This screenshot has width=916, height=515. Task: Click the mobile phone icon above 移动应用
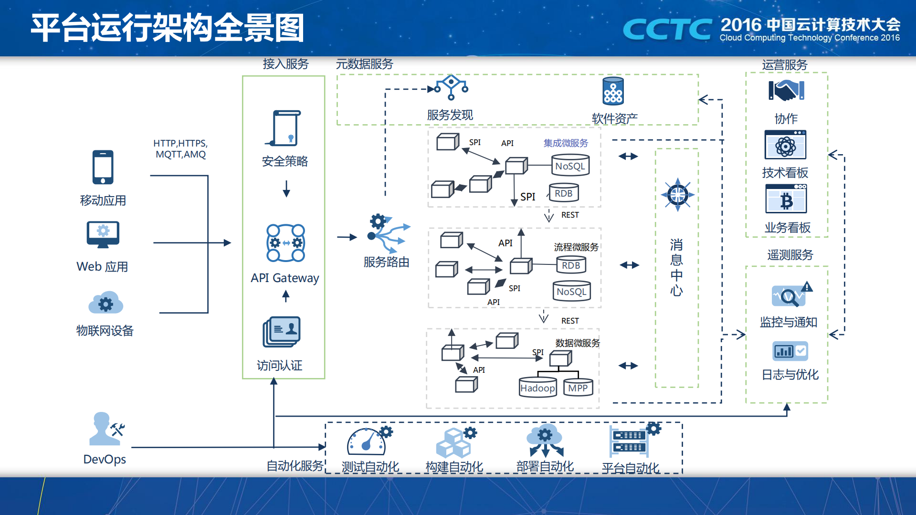(103, 167)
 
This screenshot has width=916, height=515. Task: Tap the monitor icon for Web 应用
(103, 234)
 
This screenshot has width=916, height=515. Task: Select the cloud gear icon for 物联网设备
(105, 303)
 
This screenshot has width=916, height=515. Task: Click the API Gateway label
(284, 278)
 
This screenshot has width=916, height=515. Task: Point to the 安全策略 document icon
(285, 128)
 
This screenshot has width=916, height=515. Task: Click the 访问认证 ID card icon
(282, 331)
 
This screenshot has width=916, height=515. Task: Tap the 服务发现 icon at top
(451, 87)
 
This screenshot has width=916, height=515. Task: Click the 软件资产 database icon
(613, 91)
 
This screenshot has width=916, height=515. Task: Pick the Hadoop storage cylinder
(537, 387)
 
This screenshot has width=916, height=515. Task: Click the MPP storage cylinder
(578, 387)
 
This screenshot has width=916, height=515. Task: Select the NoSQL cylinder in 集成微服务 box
(570, 166)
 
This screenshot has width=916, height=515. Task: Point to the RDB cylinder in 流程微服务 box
(571, 265)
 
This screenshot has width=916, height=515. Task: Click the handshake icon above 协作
(786, 90)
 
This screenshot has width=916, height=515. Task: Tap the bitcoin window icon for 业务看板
(786, 199)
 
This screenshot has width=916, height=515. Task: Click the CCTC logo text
(667, 30)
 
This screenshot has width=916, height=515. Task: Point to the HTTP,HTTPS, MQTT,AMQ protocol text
(180, 149)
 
